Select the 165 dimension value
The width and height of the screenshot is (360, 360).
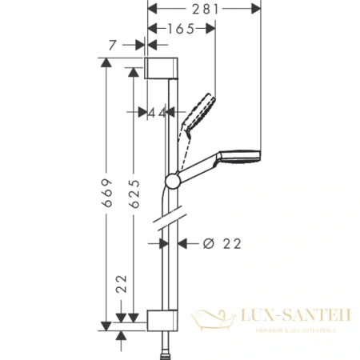coord(182,29)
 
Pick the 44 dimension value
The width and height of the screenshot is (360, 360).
coord(157,112)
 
